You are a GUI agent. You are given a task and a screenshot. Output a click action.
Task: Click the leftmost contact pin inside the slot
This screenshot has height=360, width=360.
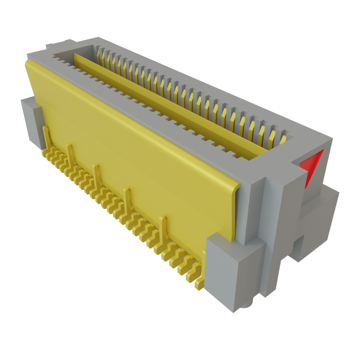tap(99, 53)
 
